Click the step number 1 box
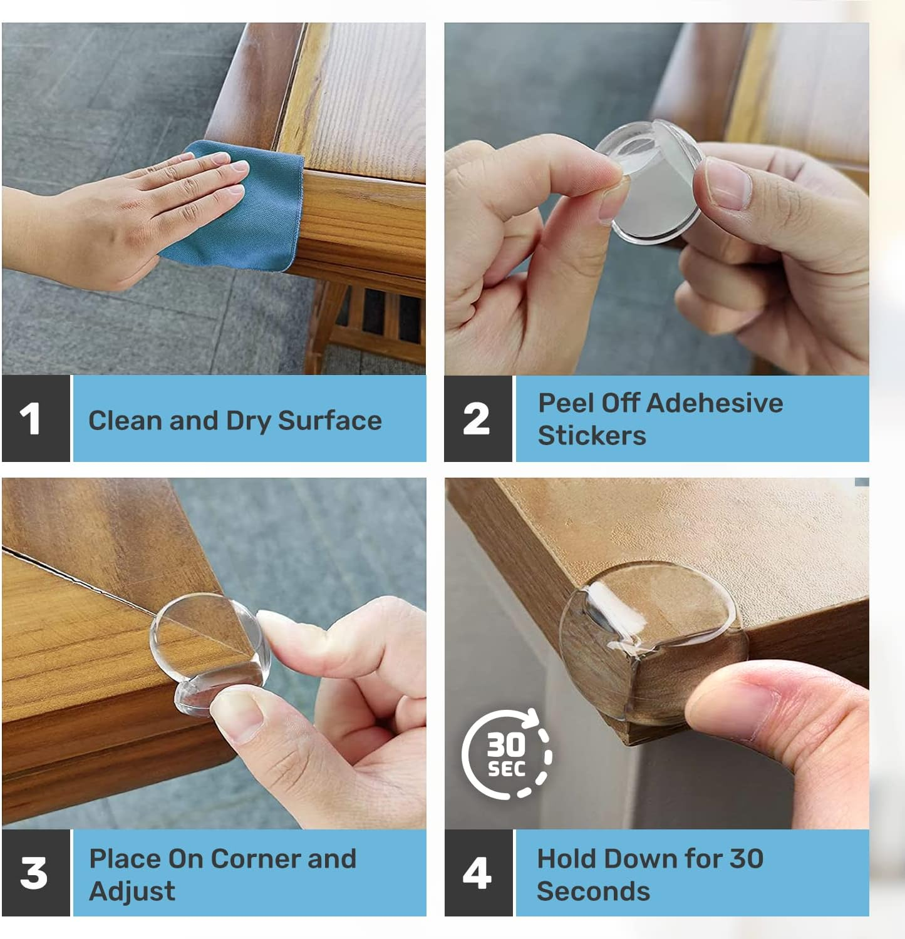pyautogui.click(x=36, y=419)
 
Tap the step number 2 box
pyautogui.click(x=477, y=419)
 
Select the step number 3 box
pyautogui.click(x=36, y=873)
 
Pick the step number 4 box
pyautogui.click(x=477, y=873)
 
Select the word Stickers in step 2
pyautogui.click(x=592, y=436)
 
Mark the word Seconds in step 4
pyautogui.click(x=593, y=891)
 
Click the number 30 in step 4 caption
pyautogui.click(x=746, y=859)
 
